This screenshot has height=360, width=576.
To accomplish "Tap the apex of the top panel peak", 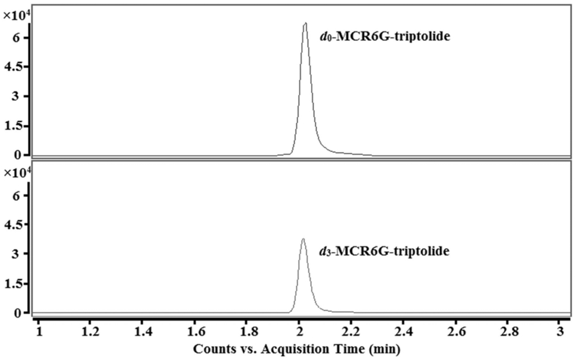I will click(x=305, y=23).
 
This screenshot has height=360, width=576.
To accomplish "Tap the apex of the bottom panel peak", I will click(x=303, y=239).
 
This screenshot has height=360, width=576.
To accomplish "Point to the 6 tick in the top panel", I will click(x=18, y=38).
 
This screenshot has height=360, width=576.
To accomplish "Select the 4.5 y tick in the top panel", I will click(x=14, y=67).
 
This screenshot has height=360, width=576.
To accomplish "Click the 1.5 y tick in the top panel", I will click(x=14, y=126).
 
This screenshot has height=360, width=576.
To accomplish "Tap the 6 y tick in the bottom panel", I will click(x=18, y=195).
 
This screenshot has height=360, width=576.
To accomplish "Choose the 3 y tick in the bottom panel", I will click(x=18, y=254).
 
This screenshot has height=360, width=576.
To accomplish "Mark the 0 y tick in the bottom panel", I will click(x=18, y=312).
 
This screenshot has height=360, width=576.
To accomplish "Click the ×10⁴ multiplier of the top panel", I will click(x=15, y=15).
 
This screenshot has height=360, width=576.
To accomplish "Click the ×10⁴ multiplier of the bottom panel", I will click(x=15, y=173).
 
